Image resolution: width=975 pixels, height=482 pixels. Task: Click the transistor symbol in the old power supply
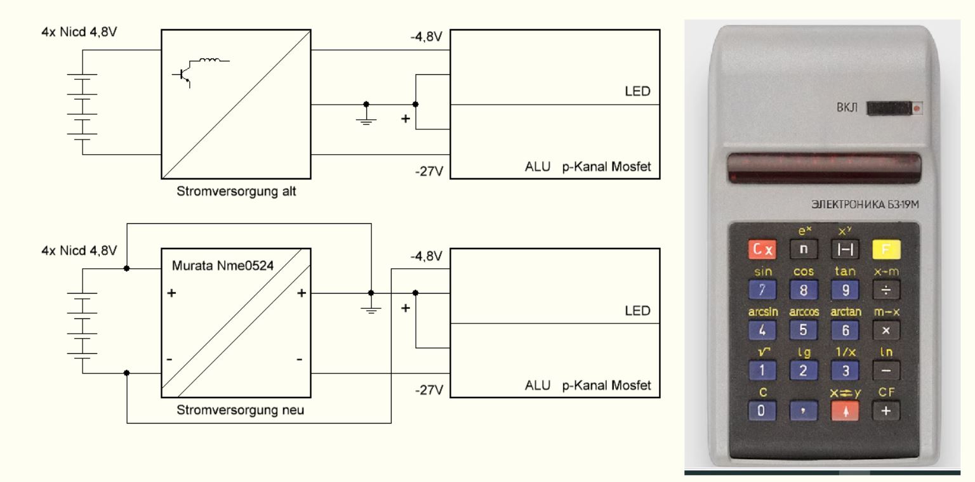point(183,75)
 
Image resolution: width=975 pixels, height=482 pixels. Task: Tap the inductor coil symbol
point(210,60)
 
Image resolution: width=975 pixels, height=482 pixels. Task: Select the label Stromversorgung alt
point(236,192)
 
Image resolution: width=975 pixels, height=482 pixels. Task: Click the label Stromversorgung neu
point(241,410)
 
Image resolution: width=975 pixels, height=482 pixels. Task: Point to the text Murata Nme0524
point(223,266)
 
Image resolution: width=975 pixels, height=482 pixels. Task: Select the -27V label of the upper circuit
point(429,171)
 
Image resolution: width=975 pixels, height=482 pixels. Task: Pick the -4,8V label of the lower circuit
point(426,256)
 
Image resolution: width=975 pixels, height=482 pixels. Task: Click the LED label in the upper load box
point(638,91)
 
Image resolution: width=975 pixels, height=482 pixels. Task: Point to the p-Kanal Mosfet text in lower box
point(606,386)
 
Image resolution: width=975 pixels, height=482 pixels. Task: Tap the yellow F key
point(886,250)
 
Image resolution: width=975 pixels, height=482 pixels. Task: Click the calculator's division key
point(886,290)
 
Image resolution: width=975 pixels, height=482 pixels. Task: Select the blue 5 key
point(803,330)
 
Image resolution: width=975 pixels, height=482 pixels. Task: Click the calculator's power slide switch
point(894,108)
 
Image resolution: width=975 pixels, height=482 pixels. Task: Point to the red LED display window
point(824,168)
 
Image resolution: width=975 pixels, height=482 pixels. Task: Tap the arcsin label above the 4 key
point(763,312)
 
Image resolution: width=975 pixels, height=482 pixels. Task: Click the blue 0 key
point(762,411)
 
